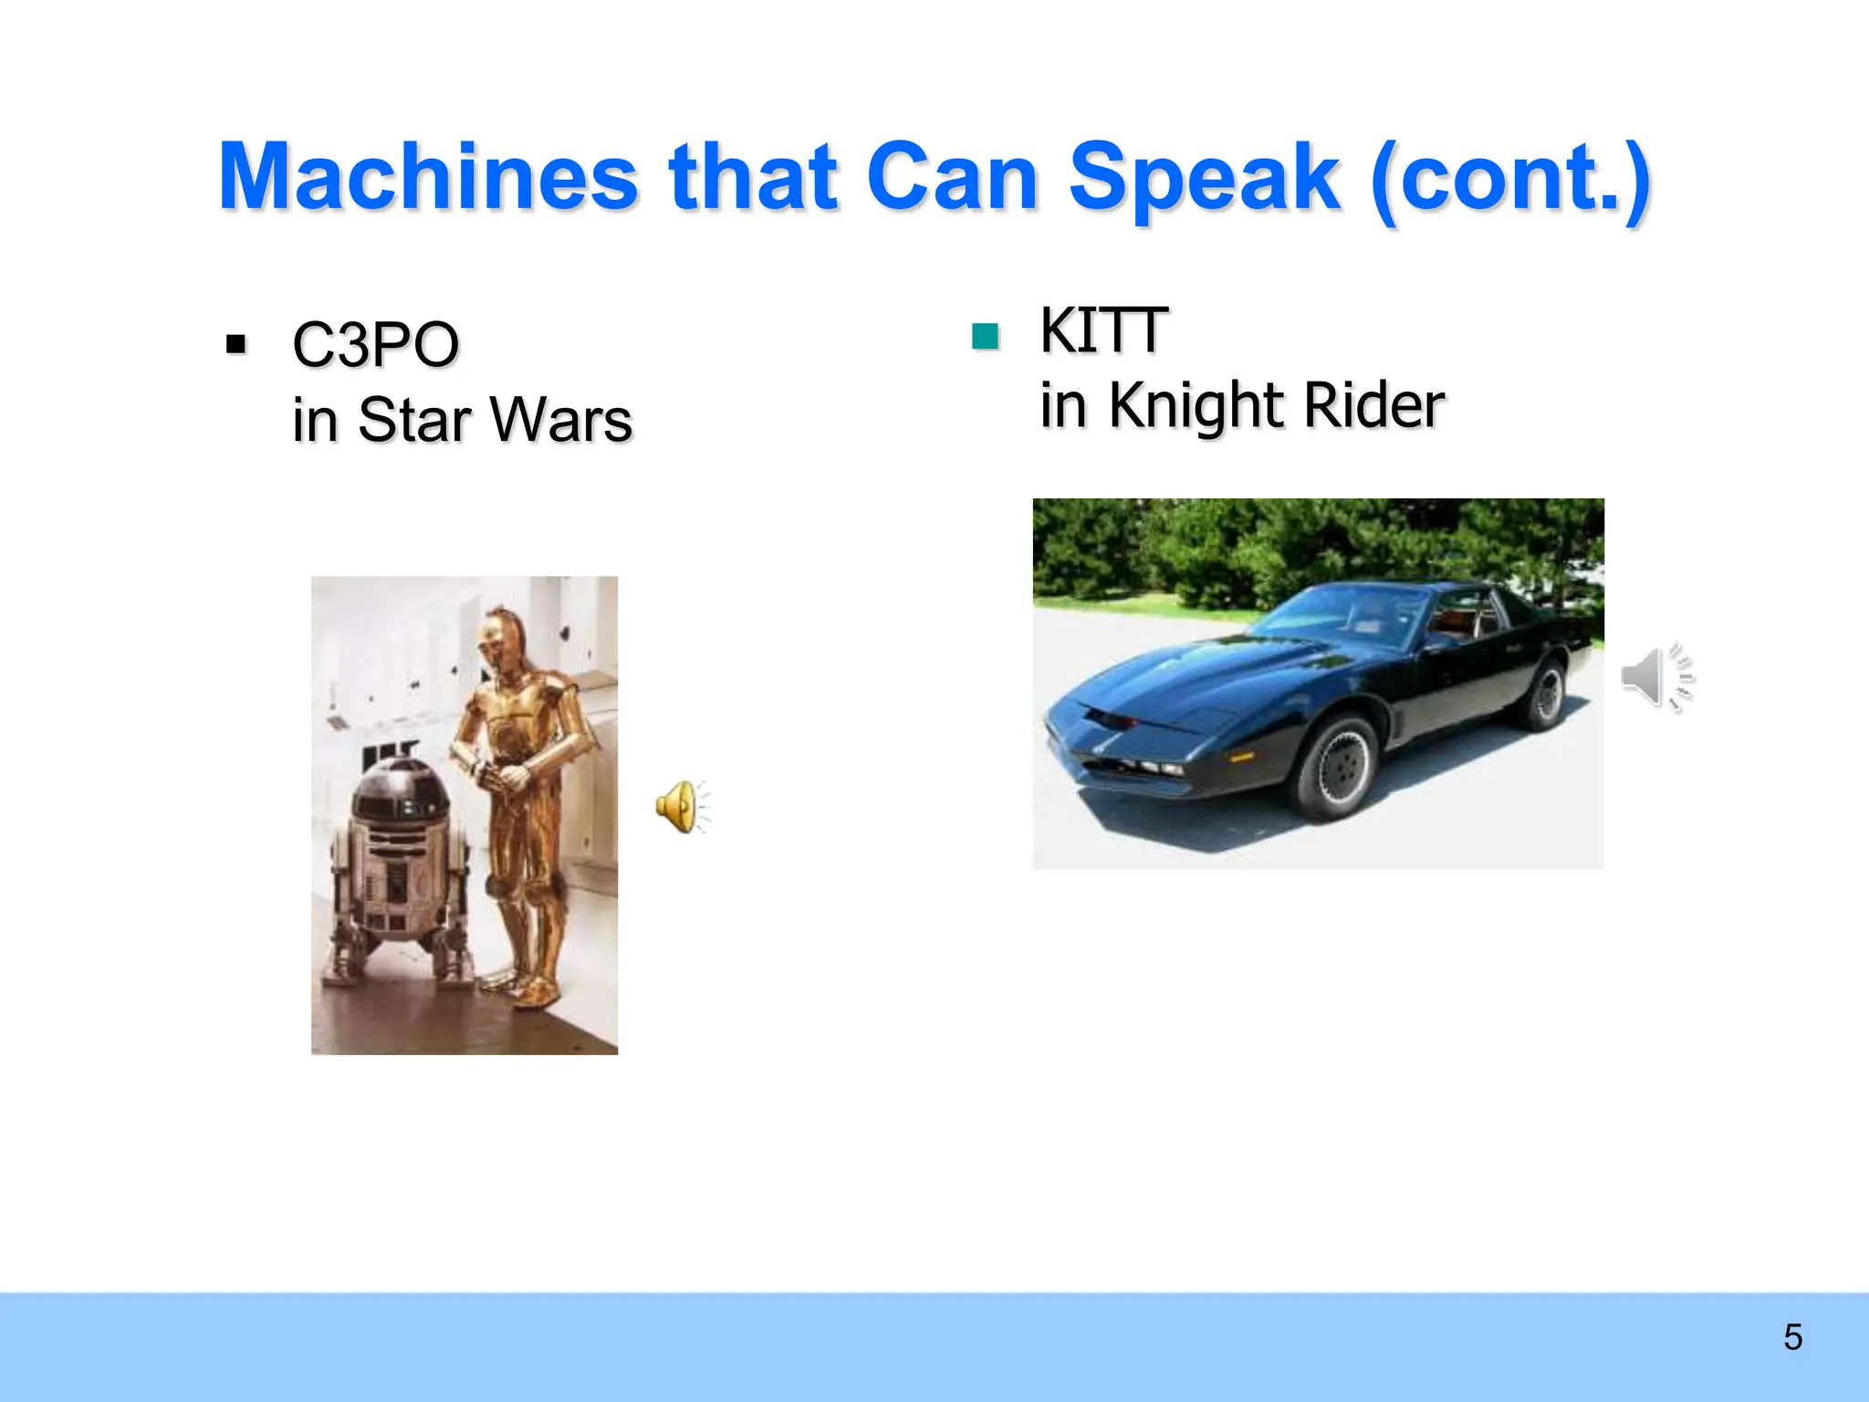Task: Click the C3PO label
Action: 375,346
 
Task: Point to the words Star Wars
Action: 495,420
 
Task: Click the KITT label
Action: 1102,330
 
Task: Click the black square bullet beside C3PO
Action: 236,345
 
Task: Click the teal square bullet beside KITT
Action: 986,337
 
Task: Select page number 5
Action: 1792,1337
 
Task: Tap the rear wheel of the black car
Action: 1543,694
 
